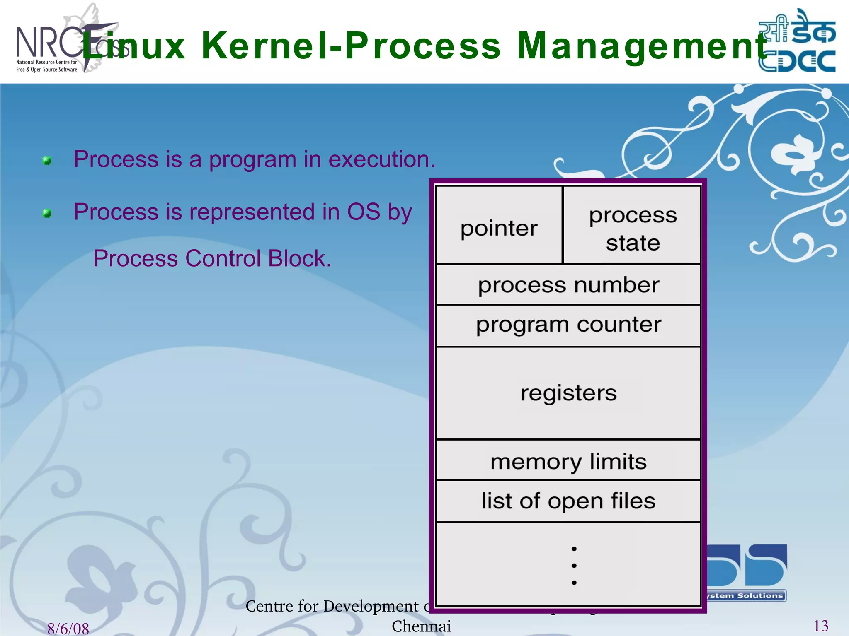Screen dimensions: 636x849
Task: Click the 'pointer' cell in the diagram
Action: (x=499, y=228)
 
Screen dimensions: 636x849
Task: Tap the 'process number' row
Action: (x=568, y=285)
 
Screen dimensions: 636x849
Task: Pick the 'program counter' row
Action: (x=568, y=325)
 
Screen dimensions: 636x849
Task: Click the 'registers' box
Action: (x=568, y=393)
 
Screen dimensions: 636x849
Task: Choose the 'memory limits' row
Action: (x=568, y=461)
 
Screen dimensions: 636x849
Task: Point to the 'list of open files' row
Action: (x=568, y=501)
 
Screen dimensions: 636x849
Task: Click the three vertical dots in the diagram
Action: (x=574, y=566)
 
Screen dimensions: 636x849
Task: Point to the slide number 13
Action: (x=821, y=626)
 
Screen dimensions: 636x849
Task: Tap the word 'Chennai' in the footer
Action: (x=421, y=626)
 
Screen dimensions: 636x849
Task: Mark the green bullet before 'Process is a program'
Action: (x=47, y=161)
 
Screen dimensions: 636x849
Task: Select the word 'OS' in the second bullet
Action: (x=364, y=212)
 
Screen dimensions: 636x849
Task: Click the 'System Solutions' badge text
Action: (x=746, y=596)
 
